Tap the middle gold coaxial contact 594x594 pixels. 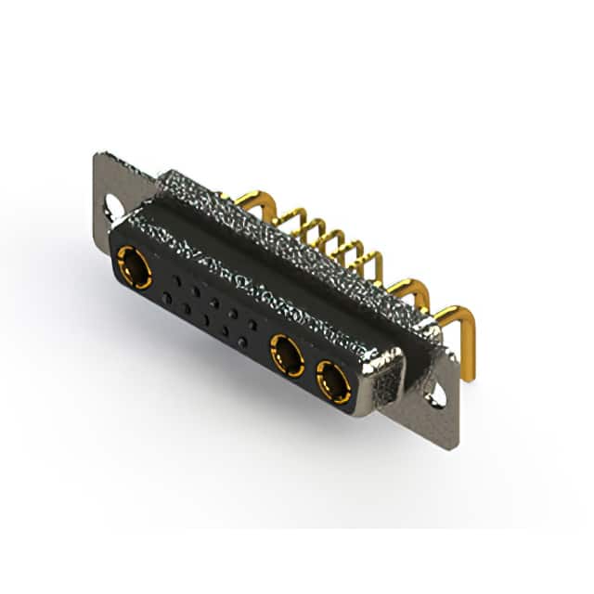(x=288, y=354)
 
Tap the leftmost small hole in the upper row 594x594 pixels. (x=176, y=279)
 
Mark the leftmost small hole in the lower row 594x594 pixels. (x=166, y=297)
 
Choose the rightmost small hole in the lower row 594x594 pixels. (x=243, y=342)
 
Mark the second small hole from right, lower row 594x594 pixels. (x=225, y=331)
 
